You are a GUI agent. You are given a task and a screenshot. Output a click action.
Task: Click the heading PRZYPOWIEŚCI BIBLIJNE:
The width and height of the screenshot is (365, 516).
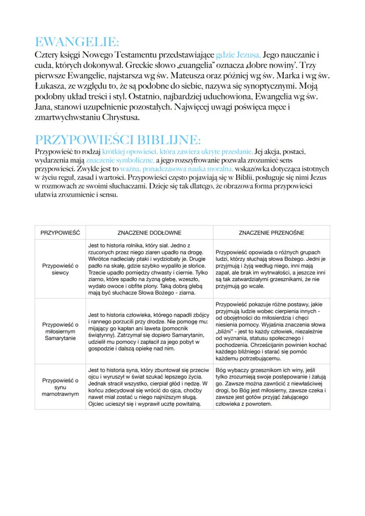pos(117,140)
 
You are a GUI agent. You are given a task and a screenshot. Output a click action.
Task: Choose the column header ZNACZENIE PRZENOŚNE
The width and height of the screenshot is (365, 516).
pos(271,233)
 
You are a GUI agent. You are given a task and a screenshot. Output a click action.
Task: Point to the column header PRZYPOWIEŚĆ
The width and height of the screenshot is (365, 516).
pos(60,233)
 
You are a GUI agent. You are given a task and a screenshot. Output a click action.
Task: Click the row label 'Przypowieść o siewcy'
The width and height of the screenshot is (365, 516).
pos(60,269)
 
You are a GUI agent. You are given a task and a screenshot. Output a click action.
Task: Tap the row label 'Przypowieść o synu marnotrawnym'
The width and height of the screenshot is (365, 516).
pos(60,386)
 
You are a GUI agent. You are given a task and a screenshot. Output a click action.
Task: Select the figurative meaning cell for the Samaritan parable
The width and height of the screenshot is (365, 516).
pos(271,331)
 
